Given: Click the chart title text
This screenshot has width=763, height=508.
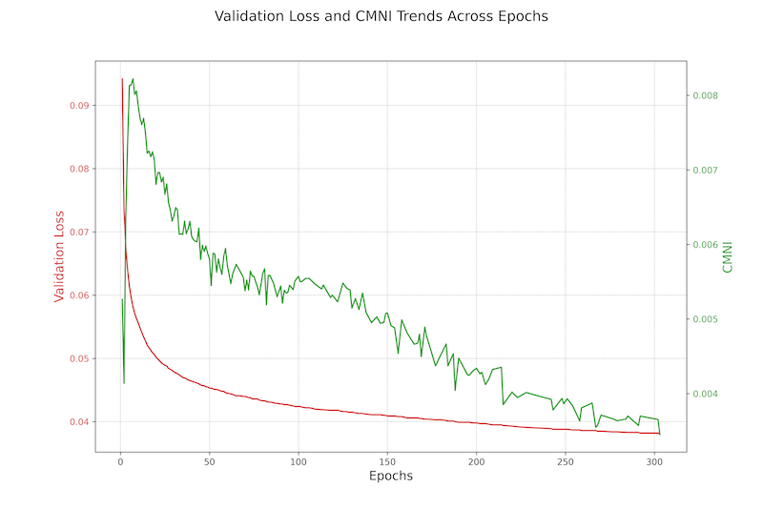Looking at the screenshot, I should click(381, 16).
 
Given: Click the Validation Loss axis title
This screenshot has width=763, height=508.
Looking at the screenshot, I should click(59, 255).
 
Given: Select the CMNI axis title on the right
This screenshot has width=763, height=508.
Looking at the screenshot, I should click(728, 255).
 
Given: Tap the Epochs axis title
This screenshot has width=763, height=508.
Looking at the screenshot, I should click(390, 475).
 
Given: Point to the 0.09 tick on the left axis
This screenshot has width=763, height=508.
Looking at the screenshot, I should click(81, 105).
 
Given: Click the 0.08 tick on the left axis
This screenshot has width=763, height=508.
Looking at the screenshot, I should click(81, 169).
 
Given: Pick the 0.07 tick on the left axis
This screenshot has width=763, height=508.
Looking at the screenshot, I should click(81, 232).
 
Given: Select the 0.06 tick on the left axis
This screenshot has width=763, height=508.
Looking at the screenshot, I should click(81, 295).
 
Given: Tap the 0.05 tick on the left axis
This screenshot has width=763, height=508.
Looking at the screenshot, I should click(81, 358).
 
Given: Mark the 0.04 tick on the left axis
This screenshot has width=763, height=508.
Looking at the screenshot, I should click(81, 421).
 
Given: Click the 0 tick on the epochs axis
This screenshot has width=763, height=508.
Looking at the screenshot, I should click(120, 461).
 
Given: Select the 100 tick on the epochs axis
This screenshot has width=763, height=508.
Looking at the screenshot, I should click(299, 461).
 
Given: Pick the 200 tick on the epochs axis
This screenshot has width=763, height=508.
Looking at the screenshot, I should click(476, 461).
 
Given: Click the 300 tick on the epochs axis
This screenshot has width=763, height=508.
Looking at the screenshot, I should click(654, 461).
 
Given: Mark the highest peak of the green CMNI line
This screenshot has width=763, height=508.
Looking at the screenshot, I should click(133, 79).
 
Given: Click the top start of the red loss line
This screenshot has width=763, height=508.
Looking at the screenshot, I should click(122, 79).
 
